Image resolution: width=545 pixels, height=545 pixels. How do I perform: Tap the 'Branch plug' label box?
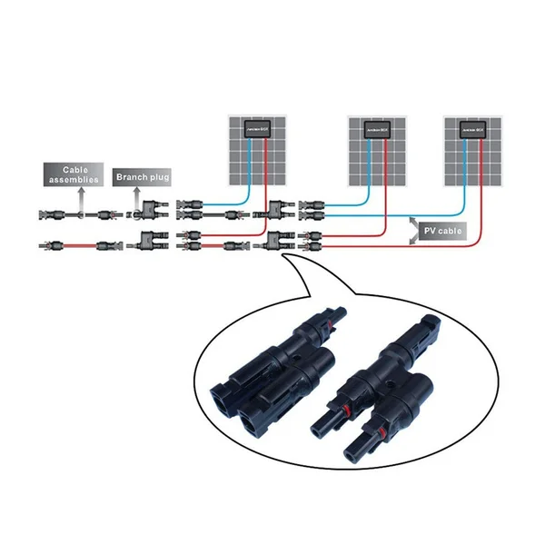[x=140, y=177]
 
